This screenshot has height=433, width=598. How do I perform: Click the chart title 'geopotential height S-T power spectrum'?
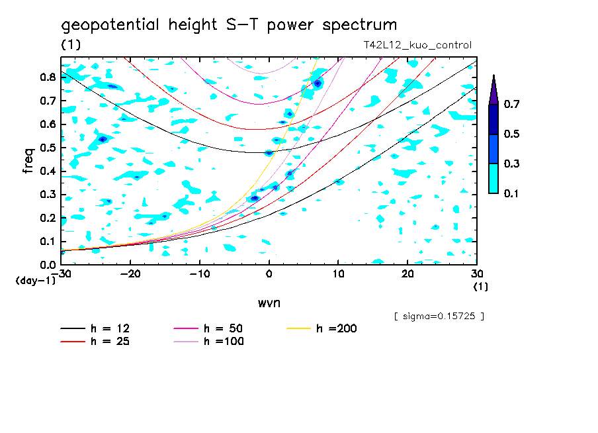click(229, 25)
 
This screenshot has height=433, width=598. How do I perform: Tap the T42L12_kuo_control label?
click(417, 46)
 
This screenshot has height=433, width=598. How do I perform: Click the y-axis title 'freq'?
click(28, 161)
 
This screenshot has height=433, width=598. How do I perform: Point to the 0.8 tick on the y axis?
click(48, 77)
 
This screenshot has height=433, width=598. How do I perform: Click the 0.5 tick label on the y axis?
click(48, 148)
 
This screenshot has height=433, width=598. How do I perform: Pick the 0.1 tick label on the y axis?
click(48, 241)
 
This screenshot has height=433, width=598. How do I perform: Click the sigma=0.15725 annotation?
click(439, 316)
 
